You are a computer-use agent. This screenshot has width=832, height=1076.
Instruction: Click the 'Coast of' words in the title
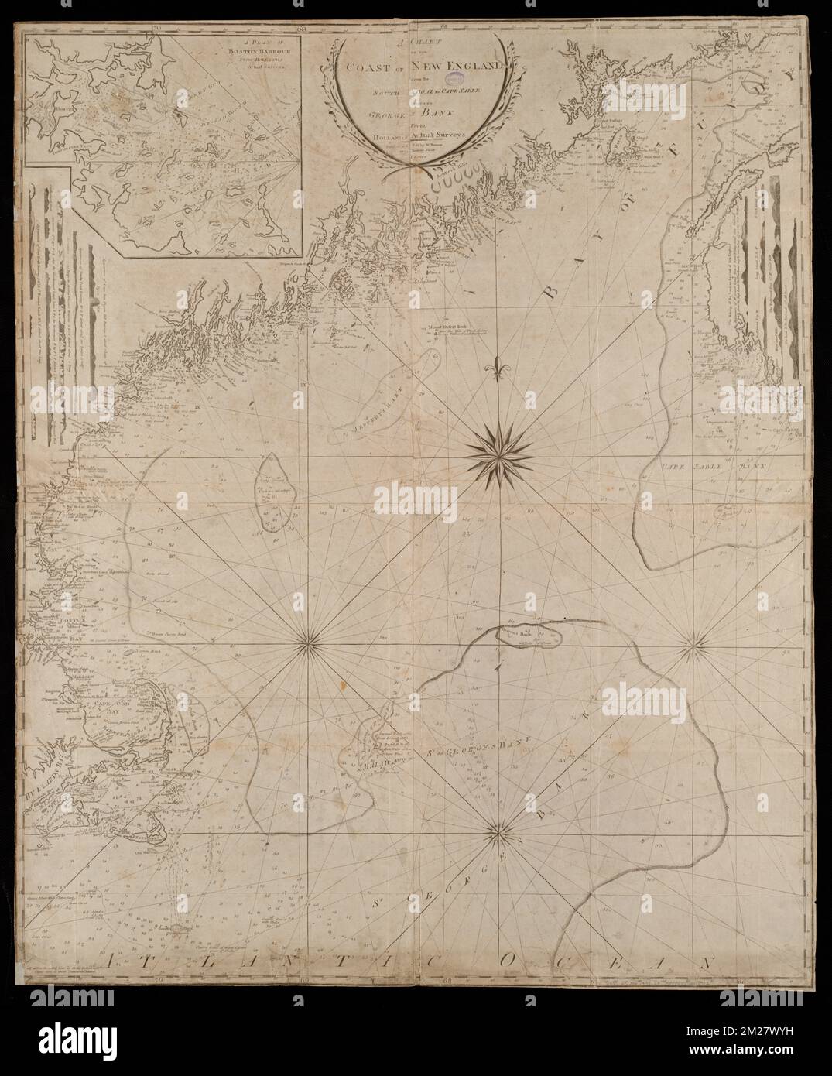point(376,69)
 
